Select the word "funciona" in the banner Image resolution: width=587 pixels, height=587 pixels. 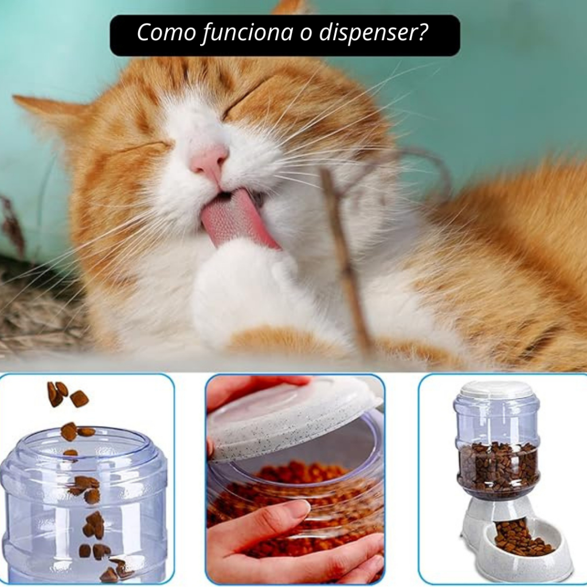coord(248,33)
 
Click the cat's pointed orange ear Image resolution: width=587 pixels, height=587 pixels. coord(49,112)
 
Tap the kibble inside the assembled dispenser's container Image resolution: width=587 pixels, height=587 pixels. coord(498,466)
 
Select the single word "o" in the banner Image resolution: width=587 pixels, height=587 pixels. coord(306,33)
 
